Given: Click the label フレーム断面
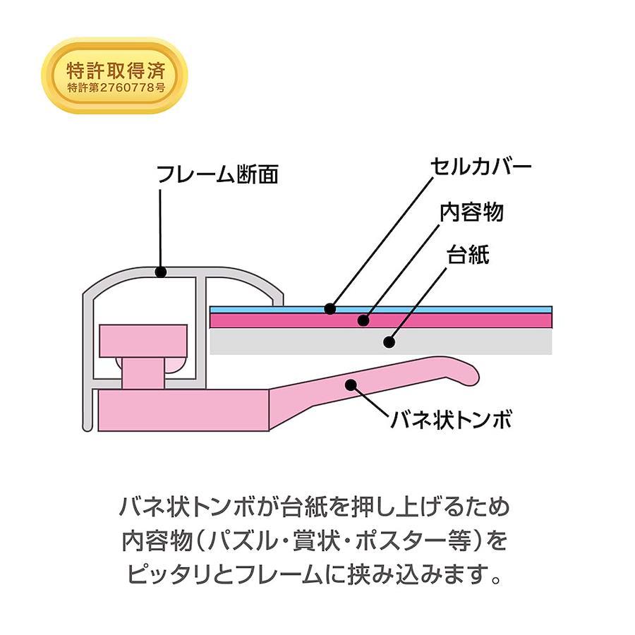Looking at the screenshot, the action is [217, 174].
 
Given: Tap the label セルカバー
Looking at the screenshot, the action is [480, 166].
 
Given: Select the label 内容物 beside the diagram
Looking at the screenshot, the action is [472, 212].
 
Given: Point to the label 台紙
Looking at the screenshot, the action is [468, 255].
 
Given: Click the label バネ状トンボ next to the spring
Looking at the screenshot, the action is [451, 419].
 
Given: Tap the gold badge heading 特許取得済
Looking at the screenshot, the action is [116, 71].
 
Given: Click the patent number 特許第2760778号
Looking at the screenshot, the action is [116, 87].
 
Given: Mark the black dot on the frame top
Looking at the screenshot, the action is [161, 272].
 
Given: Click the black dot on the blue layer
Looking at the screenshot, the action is [330, 309].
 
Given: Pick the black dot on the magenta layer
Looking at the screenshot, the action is [363, 320].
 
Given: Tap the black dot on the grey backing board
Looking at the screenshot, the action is [389, 341].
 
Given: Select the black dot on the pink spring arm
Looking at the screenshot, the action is [351, 385].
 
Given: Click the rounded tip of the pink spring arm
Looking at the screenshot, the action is [474, 373].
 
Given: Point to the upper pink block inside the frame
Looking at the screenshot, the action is [143, 341].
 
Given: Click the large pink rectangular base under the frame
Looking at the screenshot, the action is [183, 410].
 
